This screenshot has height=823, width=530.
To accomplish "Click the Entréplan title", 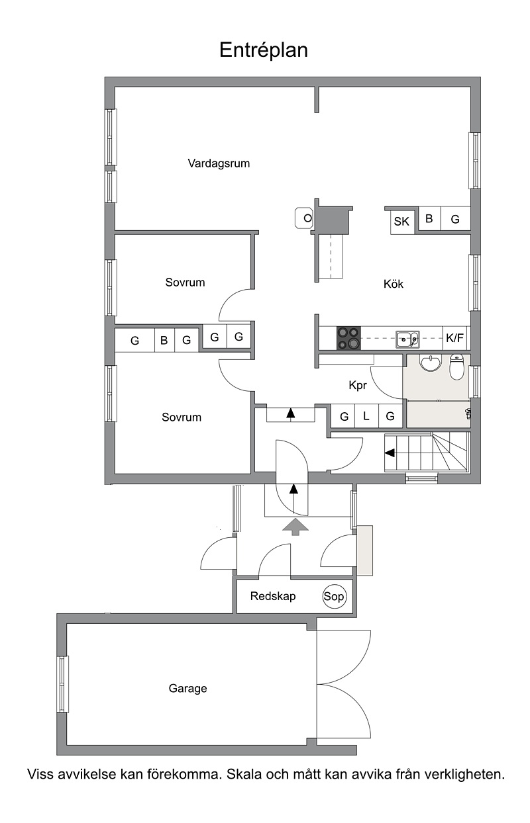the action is coord(264,50).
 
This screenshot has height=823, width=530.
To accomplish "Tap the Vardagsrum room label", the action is coord(219,163).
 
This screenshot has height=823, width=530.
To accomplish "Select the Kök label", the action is coord(393,284).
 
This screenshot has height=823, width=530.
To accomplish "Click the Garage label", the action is coord(187,688).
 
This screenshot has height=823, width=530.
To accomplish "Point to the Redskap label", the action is coord(273,596).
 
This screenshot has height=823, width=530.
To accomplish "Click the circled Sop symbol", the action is coord(334,596).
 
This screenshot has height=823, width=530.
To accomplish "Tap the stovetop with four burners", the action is coord(348,338).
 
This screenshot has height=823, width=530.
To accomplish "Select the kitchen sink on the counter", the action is coord(407,339).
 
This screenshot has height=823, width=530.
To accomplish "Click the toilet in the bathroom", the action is coord(457,367).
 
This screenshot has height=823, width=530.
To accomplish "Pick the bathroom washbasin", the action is coord(431,363).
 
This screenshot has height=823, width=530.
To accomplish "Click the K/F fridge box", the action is coord(454,338).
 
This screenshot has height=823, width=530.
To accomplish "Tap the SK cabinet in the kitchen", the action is coord(401,222).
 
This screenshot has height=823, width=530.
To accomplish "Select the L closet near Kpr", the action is coord(366,416).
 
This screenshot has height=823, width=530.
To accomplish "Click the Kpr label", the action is coord(358,386).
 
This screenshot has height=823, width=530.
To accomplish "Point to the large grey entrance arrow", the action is coord(295,527).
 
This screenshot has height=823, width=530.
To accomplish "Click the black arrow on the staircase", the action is coord(390,453).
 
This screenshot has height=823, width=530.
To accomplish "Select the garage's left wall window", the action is coord(62,684).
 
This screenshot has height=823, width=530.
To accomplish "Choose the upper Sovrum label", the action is coord(185,282).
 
